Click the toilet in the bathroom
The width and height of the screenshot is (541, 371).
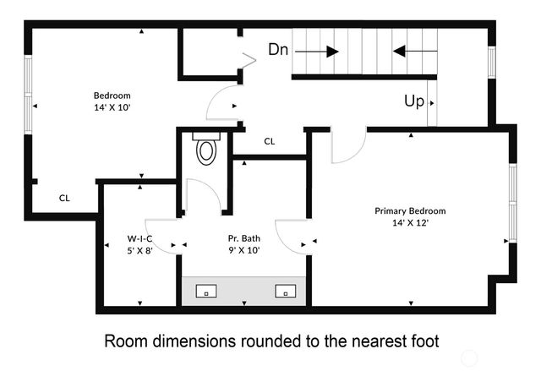206,150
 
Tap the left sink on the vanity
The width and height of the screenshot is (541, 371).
206,292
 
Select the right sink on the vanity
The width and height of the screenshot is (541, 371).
286,292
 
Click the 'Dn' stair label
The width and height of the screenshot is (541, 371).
278,50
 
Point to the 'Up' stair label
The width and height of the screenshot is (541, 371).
413,101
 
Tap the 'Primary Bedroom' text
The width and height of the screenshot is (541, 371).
410,211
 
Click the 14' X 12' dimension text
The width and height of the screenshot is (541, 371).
410,223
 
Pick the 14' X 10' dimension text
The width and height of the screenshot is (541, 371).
112,108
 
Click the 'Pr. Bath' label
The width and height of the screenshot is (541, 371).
243,238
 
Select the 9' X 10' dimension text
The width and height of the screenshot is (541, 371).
243,250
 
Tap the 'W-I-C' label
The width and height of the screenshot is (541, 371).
139,238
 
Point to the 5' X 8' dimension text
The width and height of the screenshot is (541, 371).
139,250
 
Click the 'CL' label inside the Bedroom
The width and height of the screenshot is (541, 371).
64,198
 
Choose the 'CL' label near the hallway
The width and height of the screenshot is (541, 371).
270,141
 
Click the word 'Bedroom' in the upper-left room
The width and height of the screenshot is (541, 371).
112,96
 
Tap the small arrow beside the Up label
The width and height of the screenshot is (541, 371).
433,102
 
